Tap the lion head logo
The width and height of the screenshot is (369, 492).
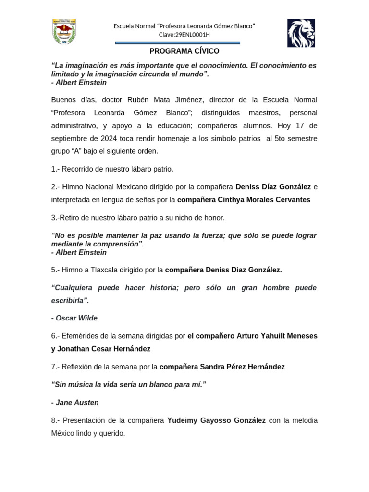click(301, 33)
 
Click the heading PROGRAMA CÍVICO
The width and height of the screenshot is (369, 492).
click(184, 51)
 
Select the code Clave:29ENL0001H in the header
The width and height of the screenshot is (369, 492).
click(184, 35)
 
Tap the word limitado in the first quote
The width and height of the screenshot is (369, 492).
click(66, 74)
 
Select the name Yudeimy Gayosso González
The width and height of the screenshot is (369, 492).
click(216, 420)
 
